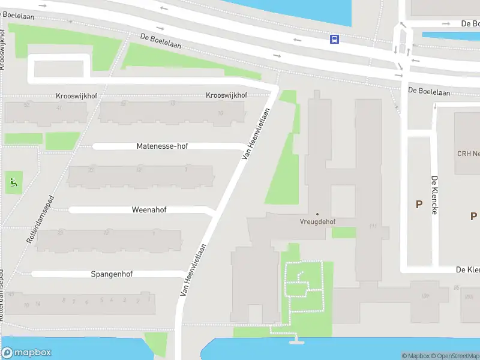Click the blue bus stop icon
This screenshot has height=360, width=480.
[x=334, y=40]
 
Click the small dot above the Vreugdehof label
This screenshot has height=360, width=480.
[x=317, y=214]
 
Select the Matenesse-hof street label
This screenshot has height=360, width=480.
[x=162, y=146]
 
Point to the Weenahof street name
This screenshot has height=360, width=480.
[x=149, y=210]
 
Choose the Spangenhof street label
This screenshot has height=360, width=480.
[x=112, y=274]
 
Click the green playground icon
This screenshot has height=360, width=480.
[x=14, y=181]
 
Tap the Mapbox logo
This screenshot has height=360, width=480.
[x=26, y=353]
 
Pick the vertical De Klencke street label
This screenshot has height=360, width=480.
[x=434, y=196]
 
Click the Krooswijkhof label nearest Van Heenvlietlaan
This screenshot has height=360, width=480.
[x=227, y=95]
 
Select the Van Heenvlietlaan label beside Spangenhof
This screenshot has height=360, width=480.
[x=193, y=269]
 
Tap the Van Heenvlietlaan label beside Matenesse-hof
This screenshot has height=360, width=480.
[x=255, y=133]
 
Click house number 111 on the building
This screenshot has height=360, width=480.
[x=373, y=226]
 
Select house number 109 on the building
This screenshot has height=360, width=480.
[x=425, y=296]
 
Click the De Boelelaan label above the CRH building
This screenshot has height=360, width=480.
[x=428, y=91]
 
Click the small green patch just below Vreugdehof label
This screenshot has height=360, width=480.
[x=343, y=232]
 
